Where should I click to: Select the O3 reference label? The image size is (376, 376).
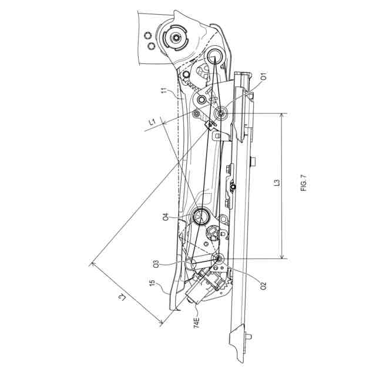(157, 263)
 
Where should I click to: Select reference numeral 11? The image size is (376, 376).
(165, 92)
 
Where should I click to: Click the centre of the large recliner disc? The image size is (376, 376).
(176, 38)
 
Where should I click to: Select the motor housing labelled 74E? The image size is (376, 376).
(203, 288)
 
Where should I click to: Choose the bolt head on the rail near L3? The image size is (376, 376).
(253, 160)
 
